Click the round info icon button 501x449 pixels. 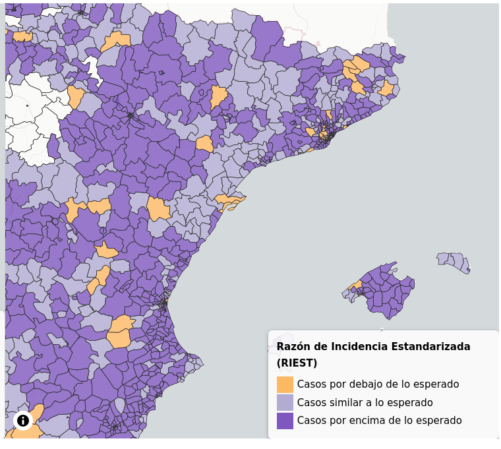point(23,420)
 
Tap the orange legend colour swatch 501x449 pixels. point(285,384)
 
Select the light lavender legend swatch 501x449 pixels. point(285,402)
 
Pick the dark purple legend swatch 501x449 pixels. point(285,421)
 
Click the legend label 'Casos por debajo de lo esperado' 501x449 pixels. point(378,384)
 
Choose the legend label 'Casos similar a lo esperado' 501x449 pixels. point(365,402)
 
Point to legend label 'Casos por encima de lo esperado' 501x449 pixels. point(379,421)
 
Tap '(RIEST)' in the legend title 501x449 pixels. point(297,363)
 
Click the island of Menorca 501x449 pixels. point(454,260)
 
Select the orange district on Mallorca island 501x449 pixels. point(356,285)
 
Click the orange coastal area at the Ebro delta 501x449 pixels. point(229,200)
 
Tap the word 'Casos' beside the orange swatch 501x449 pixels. point(311,384)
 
